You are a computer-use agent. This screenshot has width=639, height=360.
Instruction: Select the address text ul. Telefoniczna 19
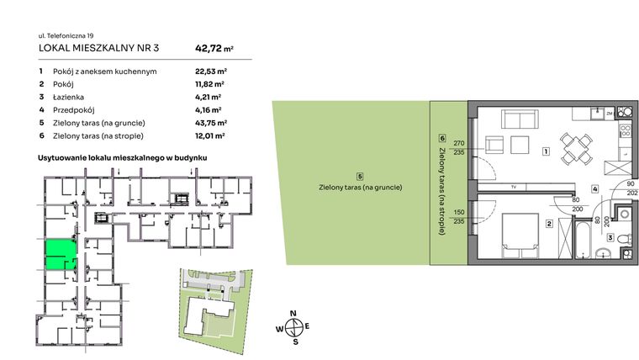pyautogui.click(x=68, y=35)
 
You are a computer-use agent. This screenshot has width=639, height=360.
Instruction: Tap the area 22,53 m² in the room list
pyautogui.click(x=209, y=71)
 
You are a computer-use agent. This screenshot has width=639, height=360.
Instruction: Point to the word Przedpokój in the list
pyautogui.click(x=72, y=109)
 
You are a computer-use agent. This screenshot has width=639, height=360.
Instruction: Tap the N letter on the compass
pyautogui.click(x=293, y=314)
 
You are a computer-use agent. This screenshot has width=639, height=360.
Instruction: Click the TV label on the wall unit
pyautogui.click(x=513, y=186)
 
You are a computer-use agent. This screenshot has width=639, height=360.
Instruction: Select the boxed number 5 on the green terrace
pyautogui.click(x=359, y=176)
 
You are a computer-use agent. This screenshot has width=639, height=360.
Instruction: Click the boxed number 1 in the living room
pyautogui.click(x=546, y=152)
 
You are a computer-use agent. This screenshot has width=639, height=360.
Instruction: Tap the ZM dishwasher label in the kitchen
pyautogui.click(x=609, y=114)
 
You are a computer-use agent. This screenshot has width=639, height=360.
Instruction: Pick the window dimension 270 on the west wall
pyautogui.click(x=458, y=143)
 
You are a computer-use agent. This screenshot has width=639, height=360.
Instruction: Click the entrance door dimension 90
pyautogui.click(x=631, y=184)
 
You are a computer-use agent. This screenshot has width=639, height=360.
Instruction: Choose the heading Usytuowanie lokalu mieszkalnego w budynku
pyautogui.click(x=123, y=157)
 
